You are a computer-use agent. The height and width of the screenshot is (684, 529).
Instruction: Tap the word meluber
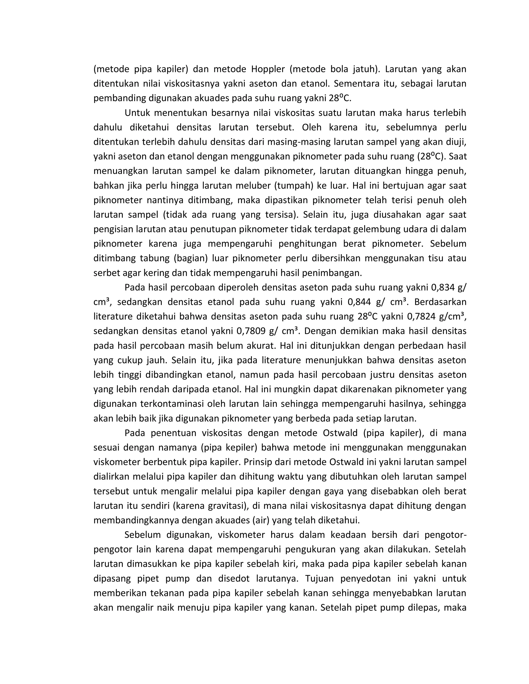[x=253, y=186]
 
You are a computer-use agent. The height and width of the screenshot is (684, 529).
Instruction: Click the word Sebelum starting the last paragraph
[x=143, y=535]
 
